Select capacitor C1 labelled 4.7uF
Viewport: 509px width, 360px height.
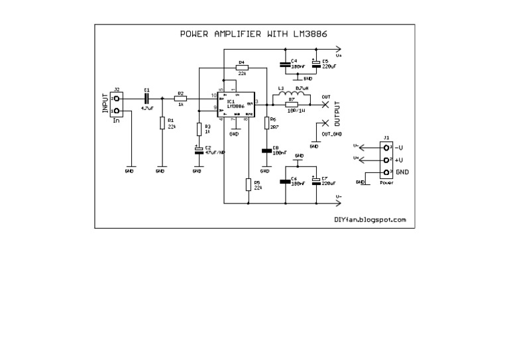[x=146, y=97]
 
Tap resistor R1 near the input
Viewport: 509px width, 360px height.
[x=162, y=123]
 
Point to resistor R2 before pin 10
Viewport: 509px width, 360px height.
[x=180, y=97]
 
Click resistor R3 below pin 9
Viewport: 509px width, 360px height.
[x=198, y=128]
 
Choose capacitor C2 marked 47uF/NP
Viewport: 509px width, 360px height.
[x=198, y=150]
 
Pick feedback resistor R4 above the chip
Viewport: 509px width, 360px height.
[x=242, y=67]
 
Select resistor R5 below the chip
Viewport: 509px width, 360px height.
[x=249, y=184]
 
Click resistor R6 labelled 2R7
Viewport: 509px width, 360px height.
[x=266, y=123]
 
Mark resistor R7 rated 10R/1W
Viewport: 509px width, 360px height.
[x=292, y=105]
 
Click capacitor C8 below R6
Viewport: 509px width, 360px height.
[x=266, y=150]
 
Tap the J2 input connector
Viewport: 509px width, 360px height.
[x=116, y=104]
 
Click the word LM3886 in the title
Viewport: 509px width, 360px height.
[x=311, y=32]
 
